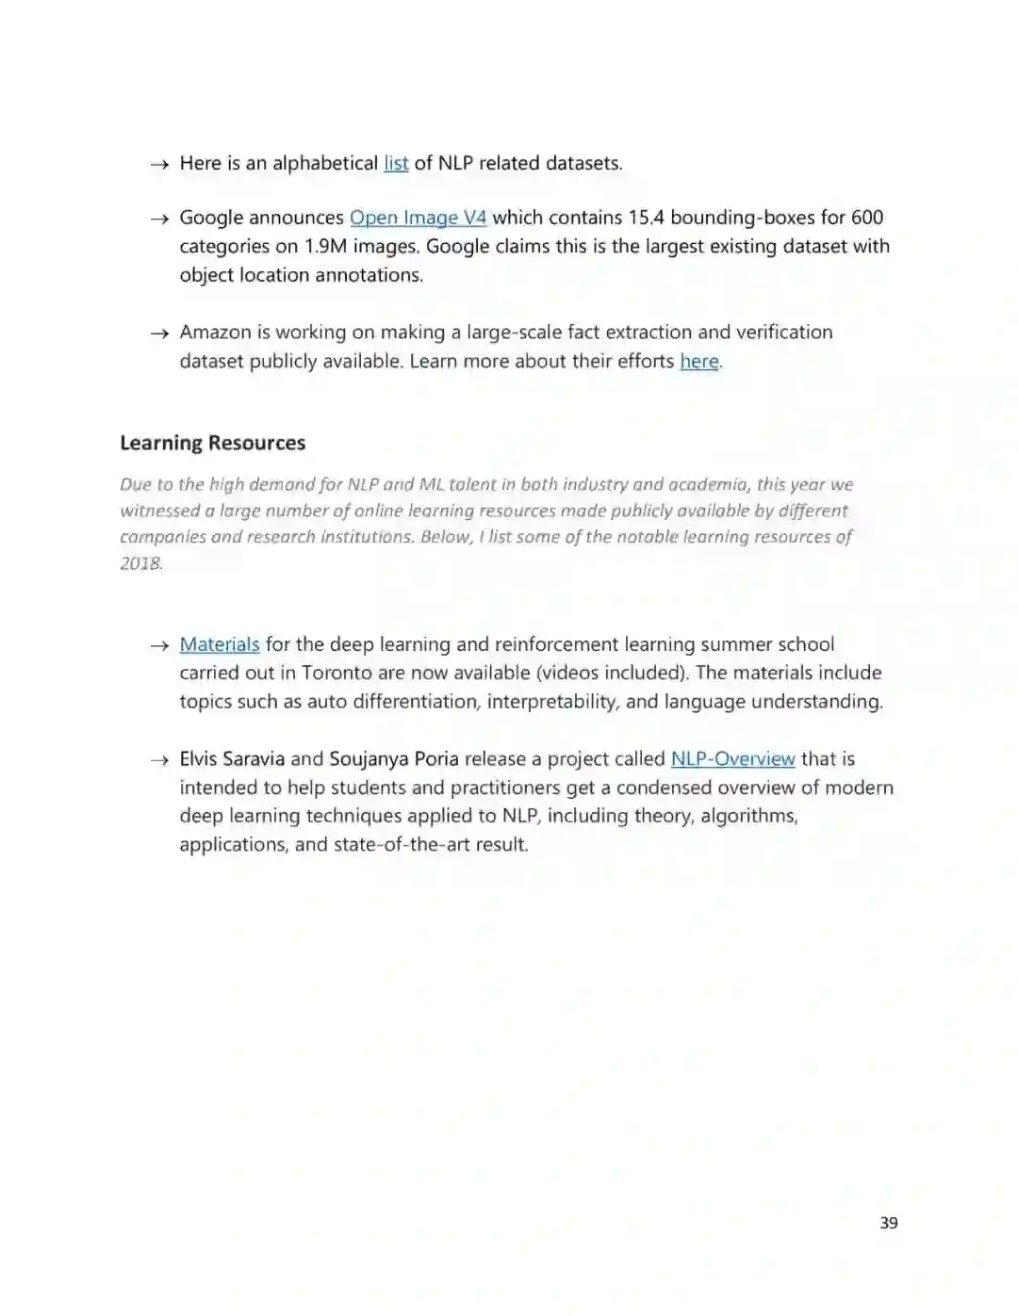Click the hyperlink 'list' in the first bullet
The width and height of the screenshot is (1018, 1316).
[x=396, y=163]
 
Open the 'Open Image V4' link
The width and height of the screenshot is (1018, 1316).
[x=418, y=218]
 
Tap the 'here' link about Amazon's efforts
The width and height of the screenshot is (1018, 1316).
[x=698, y=361]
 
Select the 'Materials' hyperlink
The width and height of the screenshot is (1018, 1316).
[x=219, y=644]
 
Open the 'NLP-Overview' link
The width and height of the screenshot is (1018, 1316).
[x=732, y=758]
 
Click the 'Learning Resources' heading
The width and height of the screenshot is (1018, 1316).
[x=212, y=443]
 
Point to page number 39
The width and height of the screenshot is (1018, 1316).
[x=888, y=1223]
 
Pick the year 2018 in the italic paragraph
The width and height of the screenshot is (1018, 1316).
[x=141, y=563]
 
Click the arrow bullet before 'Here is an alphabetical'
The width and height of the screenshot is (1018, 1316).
[x=158, y=164]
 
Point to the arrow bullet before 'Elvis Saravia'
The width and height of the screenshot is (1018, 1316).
[x=158, y=759]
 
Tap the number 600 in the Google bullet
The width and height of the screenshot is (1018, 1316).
[x=866, y=218]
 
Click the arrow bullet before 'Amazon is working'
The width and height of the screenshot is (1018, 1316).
[x=158, y=333]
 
